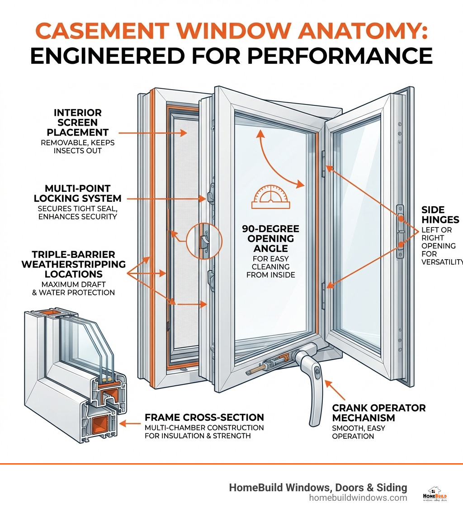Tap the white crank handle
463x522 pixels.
tap(313, 384)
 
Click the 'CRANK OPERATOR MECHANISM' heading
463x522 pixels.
tap(379, 413)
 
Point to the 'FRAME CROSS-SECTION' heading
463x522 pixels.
tap(204, 417)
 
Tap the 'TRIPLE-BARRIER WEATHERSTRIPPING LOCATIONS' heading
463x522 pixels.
tap(73, 264)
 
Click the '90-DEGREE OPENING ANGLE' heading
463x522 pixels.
tap(271, 239)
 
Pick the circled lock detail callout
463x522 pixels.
tap(204, 241)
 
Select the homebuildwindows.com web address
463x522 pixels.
tap(358, 498)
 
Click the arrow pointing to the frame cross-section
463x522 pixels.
tap(132, 424)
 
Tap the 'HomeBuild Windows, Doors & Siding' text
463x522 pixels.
tap(318, 487)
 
